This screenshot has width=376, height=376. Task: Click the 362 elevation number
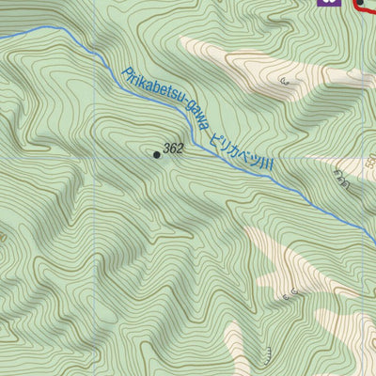(x=173, y=149)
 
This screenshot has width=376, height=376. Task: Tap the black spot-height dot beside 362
(x=156, y=154)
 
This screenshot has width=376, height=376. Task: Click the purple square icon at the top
(x=327, y=3)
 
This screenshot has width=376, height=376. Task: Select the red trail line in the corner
(x=363, y=9)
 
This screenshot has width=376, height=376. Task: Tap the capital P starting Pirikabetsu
(x=125, y=73)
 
